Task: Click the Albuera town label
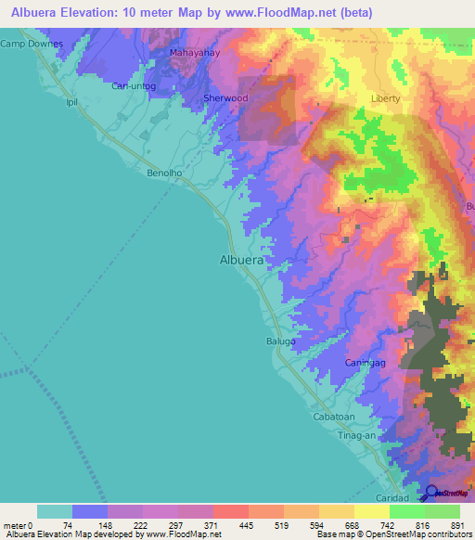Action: click(242, 261)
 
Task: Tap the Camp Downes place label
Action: click(32, 44)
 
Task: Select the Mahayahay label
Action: click(194, 53)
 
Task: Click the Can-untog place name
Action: click(133, 86)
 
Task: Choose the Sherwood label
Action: click(225, 97)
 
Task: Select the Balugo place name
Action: click(281, 341)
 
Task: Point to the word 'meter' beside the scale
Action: click(15, 525)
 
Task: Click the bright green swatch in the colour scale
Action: click(407, 511)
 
